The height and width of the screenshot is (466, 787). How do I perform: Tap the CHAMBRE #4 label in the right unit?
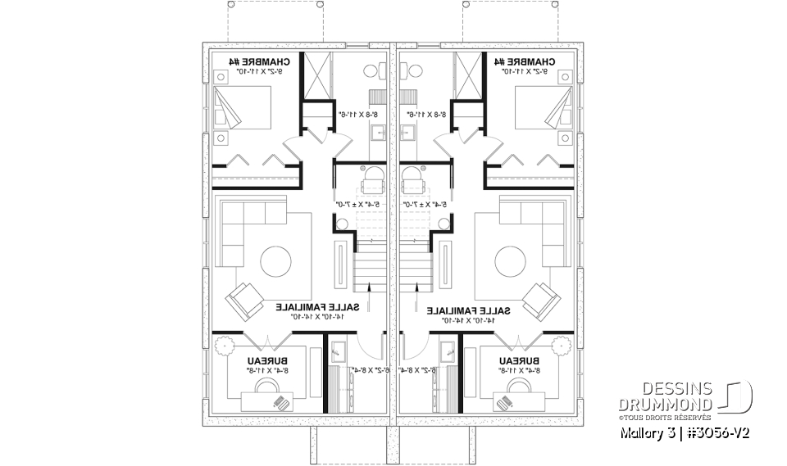tap(525, 62)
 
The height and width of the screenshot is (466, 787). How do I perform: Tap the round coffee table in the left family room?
tap(275, 261)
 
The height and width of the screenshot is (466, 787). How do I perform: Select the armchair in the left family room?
tap(244, 300)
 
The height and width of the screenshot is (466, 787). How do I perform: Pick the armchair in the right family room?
tap(542, 300)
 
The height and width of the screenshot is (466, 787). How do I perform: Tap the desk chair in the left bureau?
tap(281, 402)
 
